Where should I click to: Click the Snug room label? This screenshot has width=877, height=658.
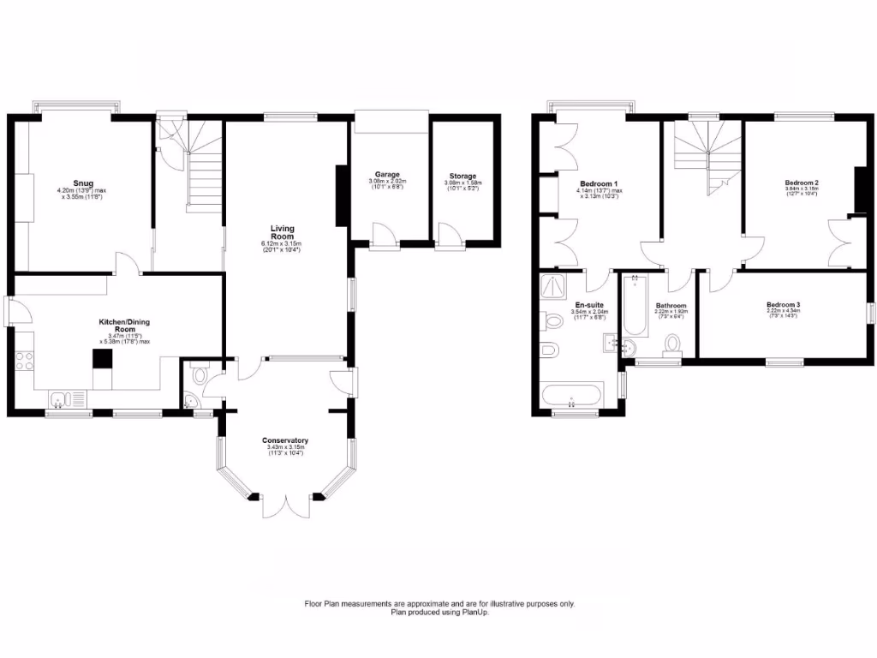[x=82, y=182]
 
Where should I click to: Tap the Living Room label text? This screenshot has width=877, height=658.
[x=283, y=232]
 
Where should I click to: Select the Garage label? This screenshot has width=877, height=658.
[x=387, y=175]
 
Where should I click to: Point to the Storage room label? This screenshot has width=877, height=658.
[x=462, y=176]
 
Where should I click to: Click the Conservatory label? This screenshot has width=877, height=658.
[x=286, y=440]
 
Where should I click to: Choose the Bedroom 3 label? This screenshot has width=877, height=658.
[x=783, y=305]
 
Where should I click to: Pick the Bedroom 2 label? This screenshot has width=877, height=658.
[x=802, y=182]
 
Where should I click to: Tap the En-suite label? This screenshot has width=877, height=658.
[x=588, y=305]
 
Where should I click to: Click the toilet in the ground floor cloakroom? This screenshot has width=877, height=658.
[x=200, y=374]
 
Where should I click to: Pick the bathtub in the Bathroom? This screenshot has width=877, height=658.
[x=635, y=307]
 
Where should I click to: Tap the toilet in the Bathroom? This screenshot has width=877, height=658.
[x=673, y=343]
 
